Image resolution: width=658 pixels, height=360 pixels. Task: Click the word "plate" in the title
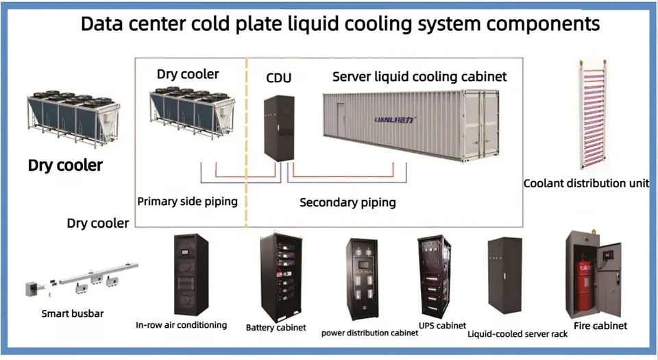(x=259, y=24)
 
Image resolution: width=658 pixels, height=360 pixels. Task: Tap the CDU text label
(x=279, y=77)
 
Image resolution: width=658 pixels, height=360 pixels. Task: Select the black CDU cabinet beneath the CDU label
(x=279, y=128)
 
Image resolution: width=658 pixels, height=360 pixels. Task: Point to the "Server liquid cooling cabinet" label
(x=419, y=77)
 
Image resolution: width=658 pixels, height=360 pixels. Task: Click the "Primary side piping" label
(x=187, y=202)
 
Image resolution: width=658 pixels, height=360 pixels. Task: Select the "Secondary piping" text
(x=348, y=203)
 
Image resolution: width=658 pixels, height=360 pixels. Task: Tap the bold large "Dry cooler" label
(x=65, y=165)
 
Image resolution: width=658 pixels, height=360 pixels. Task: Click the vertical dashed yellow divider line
(x=246, y=142)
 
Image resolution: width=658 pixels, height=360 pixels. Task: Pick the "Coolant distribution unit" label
(x=586, y=183)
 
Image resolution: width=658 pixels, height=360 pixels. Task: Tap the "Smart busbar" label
(x=73, y=313)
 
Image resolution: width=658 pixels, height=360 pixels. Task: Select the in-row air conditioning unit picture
(x=191, y=274)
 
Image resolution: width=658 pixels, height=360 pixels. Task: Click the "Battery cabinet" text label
(x=276, y=327)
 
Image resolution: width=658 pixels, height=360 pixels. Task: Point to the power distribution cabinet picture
(x=362, y=279)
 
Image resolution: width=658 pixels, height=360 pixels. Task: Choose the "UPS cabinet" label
(x=442, y=326)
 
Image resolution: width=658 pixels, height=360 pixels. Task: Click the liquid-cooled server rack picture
(x=505, y=275)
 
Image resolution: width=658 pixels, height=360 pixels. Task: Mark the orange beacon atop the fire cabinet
(x=593, y=232)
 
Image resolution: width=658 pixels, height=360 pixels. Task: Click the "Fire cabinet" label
(x=600, y=326)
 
